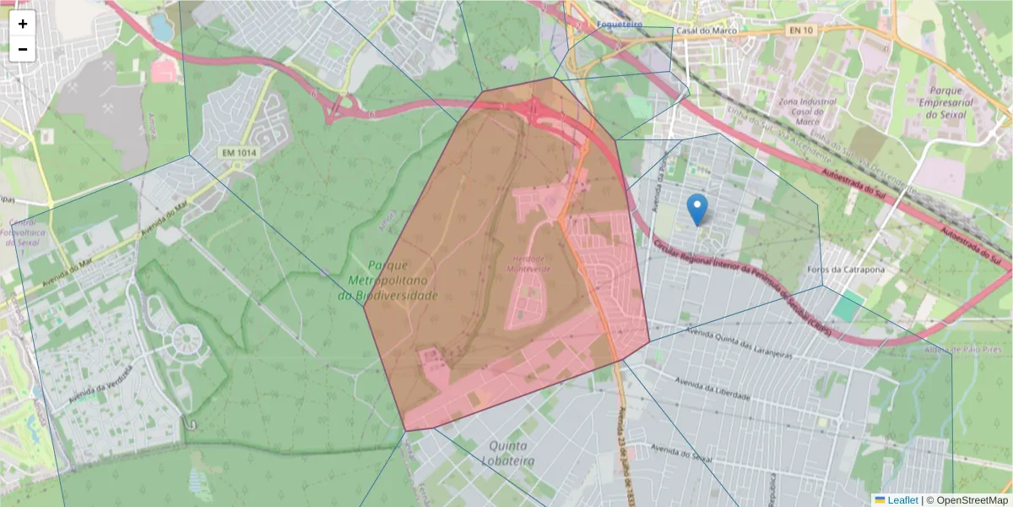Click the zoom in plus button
23,24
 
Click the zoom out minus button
23,49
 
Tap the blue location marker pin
696,209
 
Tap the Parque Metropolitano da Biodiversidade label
389,281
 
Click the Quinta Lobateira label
504,452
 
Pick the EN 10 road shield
801,30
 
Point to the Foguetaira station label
620,25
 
